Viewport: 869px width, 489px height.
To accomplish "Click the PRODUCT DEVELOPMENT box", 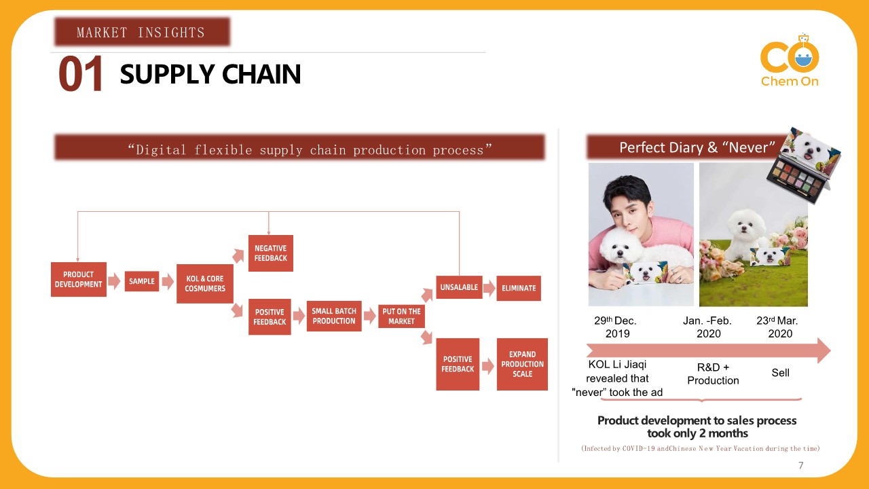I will tap(79, 279).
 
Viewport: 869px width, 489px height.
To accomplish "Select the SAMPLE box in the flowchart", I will tap(142, 281).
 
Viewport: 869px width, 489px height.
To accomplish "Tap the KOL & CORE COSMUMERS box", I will tap(204, 284).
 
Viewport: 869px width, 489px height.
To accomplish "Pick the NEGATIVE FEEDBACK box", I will tap(270, 253).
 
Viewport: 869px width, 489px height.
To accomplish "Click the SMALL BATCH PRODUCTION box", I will tap(333, 316).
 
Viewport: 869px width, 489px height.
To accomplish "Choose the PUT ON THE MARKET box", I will tap(401, 316).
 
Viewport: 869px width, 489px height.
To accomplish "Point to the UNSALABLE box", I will tap(459, 287).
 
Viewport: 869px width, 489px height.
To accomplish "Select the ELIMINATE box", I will tap(519, 288).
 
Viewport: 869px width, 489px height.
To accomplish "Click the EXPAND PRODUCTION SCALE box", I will tap(522, 364).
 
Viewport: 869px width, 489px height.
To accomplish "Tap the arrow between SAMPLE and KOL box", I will tap(168, 281).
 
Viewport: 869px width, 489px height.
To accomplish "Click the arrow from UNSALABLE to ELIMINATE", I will tap(489, 287).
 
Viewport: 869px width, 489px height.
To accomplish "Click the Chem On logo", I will tap(790, 61).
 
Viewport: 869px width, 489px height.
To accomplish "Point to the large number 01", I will tap(81, 75).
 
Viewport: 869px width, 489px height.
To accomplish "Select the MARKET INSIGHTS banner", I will tap(141, 32).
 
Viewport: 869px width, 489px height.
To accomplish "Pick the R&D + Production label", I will tap(713, 374).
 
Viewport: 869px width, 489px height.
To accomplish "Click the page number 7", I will tap(801, 465).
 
